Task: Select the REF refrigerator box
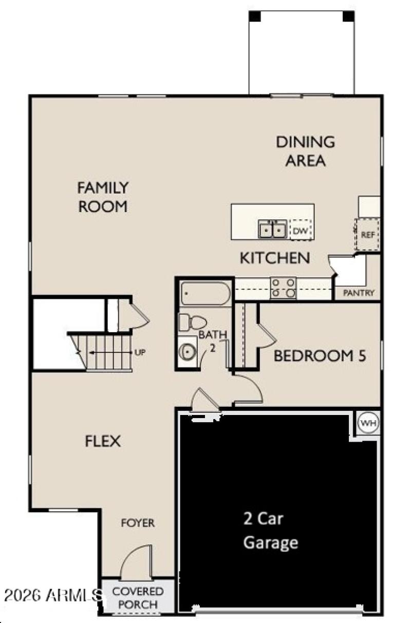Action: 368,235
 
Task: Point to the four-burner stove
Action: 284,288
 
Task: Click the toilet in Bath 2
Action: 191,323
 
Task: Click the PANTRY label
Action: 359,293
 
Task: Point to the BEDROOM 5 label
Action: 320,356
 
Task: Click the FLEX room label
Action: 103,441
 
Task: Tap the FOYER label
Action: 138,523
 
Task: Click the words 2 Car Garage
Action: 271,531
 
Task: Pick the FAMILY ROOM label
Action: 102,197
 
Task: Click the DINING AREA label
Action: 306,150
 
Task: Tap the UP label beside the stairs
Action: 139,353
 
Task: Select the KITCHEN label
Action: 275,258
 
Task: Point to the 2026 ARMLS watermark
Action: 51,596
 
